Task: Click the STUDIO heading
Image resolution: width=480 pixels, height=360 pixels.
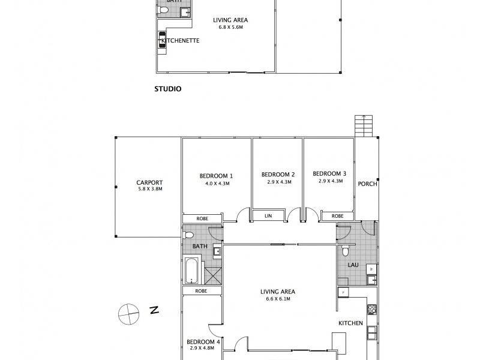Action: [168, 88]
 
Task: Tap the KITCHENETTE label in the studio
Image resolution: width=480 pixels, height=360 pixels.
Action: [179, 41]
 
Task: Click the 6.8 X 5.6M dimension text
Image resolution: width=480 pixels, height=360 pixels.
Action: [230, 28]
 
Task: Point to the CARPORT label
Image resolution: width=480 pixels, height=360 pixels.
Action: [149, 183]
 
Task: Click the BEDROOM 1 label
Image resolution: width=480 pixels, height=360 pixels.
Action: [216, 176]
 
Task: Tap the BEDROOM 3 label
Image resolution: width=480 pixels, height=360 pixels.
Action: [329, 173]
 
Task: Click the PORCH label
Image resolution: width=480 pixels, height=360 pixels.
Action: [367, 184]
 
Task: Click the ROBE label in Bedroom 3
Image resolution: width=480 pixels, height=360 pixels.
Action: [337, 216]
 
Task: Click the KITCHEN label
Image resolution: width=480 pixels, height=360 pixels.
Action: [350, 323]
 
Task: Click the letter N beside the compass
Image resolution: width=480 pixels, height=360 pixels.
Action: [154, 310]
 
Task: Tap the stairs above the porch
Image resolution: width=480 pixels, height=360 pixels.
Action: [364, 125]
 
